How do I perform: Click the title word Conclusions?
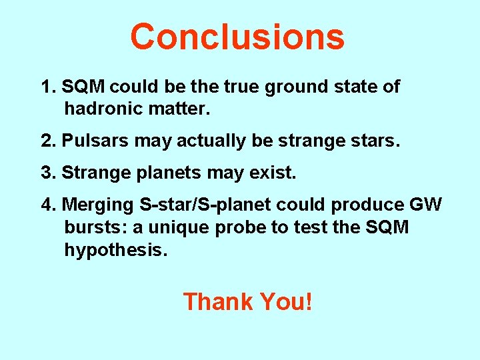[237, 37]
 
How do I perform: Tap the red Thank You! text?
[247, 301]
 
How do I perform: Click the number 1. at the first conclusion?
[48, 87]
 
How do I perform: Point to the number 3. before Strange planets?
[48, 173]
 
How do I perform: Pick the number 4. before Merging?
[49, 204]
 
